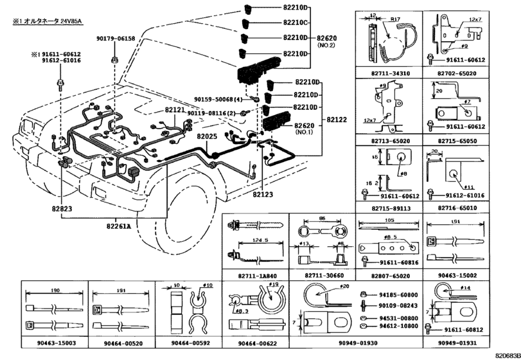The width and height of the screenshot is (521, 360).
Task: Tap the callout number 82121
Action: coord(174,111)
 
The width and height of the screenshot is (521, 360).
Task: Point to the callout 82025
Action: coord(207,136)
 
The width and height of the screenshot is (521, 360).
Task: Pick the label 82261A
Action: coord(119,226)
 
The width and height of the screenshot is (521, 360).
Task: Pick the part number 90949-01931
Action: coord(459,344)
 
